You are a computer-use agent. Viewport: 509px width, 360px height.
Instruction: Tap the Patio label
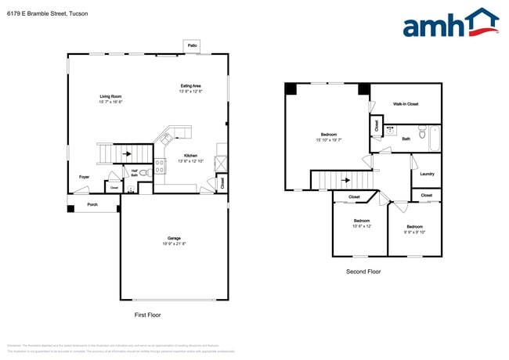click(192, 46)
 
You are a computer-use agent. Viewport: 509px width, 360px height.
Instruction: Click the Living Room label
click(110, 97)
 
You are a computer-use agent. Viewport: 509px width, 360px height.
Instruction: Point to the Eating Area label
click(191, 86)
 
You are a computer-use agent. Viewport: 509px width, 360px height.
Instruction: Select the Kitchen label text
click(191, 155)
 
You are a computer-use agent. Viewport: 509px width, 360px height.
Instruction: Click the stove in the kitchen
click(161, 166)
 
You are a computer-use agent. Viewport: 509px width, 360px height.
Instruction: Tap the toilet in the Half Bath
click(130, 189)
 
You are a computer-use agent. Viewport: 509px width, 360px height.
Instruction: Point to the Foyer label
click(84, 177)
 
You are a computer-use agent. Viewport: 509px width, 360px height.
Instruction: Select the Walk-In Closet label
click(406, 104)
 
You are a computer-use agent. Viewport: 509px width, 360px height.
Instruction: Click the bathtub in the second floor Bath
click(435, 139)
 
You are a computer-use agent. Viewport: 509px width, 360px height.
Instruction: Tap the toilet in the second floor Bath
click(421, 132)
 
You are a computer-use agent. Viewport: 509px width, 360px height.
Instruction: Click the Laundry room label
click(427, 175)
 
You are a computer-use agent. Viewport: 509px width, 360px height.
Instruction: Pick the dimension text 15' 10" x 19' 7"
click(330, 140)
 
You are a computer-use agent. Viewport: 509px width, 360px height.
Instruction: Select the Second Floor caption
click(363, 272)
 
